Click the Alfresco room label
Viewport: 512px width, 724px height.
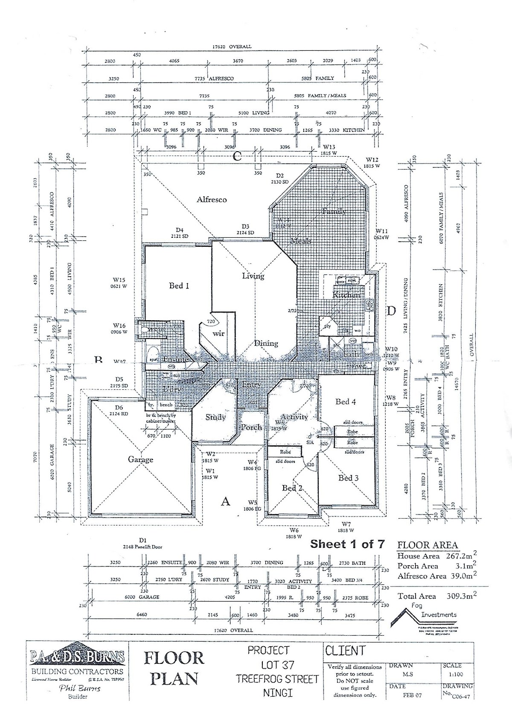pos(211,199)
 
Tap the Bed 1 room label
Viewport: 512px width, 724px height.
pos(179,286)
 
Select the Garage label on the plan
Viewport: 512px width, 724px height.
pos(140,459)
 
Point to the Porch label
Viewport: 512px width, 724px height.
pos(251,427)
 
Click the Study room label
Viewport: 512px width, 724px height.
pos(215,417)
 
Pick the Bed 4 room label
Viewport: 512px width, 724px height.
pos(346,401)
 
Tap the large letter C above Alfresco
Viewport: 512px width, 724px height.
pos(237,157)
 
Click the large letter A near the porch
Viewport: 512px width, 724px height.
pos(225,502)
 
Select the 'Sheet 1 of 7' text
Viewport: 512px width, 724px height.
pos(347,544)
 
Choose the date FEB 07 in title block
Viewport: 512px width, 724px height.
pos(412,695)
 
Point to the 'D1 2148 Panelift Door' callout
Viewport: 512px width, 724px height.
pos(143,543)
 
